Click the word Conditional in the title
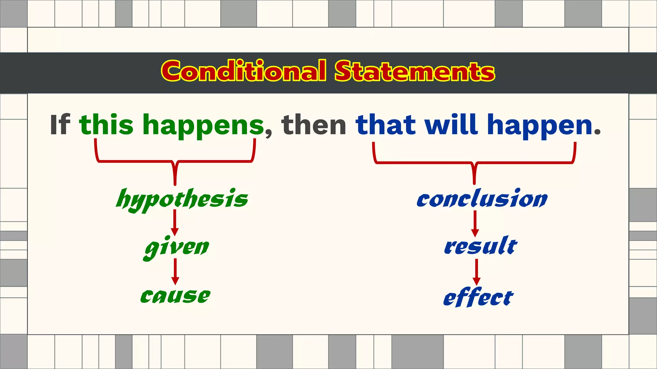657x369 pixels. coord(244,71)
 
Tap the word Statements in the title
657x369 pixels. coord(414,71)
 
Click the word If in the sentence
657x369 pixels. coord(60,125)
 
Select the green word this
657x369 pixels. coord(106,125)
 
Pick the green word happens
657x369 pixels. coord(203,126)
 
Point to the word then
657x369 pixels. coord(313,125)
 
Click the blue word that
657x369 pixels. coord(386,125)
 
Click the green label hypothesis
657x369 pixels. coord(182,199)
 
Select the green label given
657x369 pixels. coord(176,247)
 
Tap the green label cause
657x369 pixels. coord(175,296)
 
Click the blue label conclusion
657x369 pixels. coord(482,199)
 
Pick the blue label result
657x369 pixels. coord(481,247)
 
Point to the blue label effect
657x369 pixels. coord(478,297)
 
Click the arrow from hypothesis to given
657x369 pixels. coord(175,223)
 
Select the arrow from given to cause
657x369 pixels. coord(175,272)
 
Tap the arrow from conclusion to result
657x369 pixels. coord(475,224)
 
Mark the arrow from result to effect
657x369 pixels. coord(477,272)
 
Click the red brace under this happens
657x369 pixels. coord(175,161)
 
